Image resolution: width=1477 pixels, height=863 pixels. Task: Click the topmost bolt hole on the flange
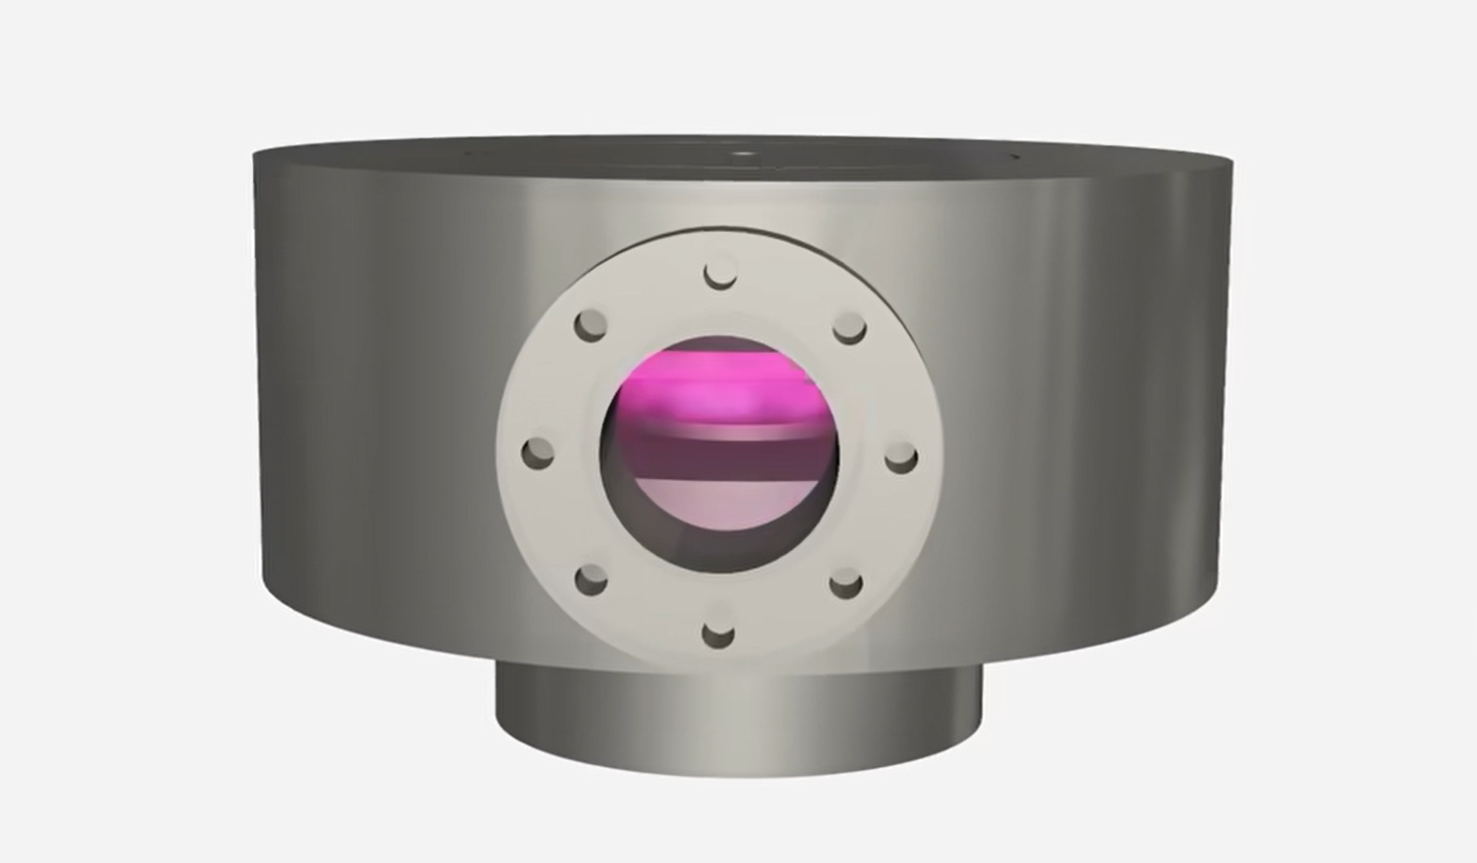tap(721, 273)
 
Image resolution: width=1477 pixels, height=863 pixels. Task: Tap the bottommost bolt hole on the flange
tap(719, 633)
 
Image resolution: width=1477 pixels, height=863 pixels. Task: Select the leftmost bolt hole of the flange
tap(538, 453)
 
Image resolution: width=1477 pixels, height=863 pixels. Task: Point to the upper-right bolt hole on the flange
tap(849, 328)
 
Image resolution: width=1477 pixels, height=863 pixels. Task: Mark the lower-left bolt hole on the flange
tap(591, 580)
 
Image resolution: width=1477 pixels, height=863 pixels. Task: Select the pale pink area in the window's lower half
tap(721, 504)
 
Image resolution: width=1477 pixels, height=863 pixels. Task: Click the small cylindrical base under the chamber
tap(738, 723)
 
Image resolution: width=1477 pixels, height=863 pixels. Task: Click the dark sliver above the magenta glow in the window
tap(721, 344)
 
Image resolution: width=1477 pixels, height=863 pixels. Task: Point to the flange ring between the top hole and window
tap(721, 309)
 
